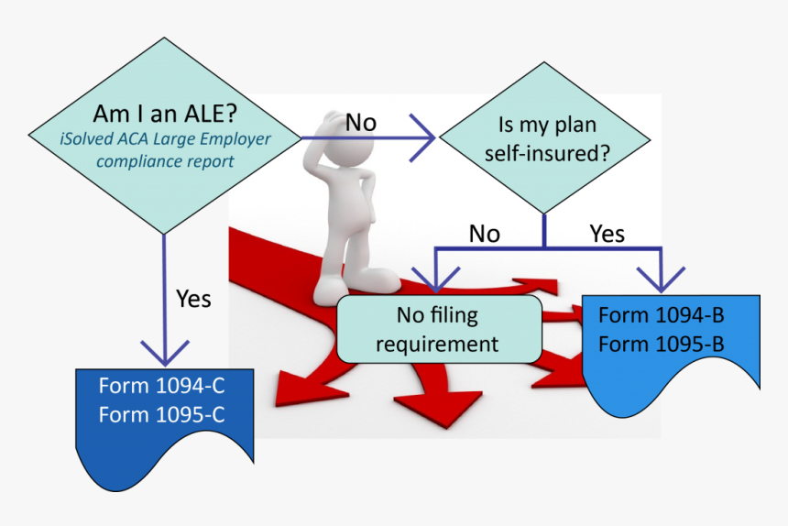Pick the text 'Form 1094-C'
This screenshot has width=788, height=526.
click(161, 386)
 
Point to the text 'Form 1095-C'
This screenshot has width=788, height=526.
click(161, 414)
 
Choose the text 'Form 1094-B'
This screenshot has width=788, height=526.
click(661, 316)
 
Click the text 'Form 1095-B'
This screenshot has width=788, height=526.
click(661, 344)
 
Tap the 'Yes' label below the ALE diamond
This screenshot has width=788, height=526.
click(192, 299)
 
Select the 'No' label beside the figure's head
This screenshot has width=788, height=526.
click(360, 122)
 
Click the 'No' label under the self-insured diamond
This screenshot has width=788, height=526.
click(484, 234)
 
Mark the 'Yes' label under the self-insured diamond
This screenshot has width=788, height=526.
click(607, 234)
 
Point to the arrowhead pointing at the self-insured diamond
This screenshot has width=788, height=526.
click(423, 138)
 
